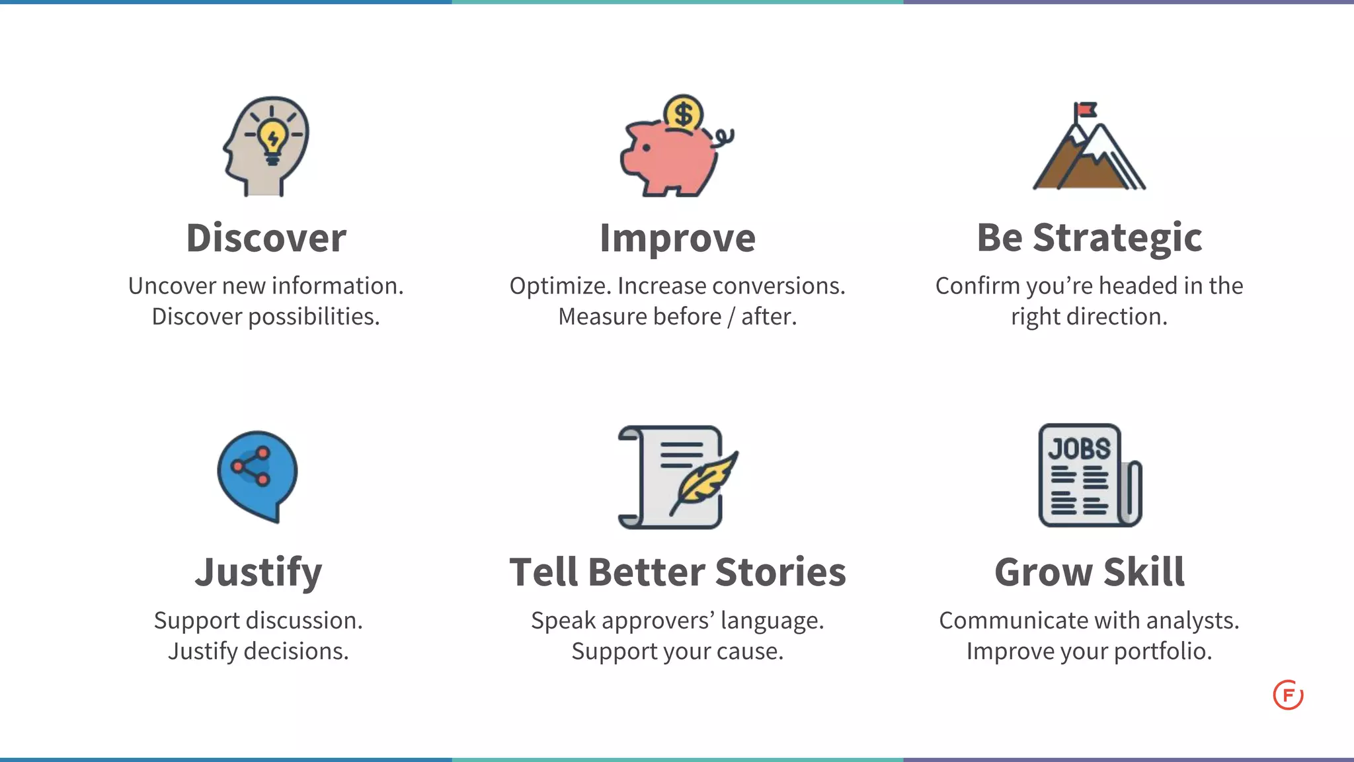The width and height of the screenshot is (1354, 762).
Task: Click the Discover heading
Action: pos(266,238)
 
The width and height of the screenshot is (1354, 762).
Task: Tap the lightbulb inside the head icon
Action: pos(272,138)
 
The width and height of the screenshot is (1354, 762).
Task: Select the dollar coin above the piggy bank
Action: pos(683,114)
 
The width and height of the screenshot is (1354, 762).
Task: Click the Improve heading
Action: pos(677,238)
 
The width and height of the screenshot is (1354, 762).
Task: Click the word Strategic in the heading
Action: pos(1117,238)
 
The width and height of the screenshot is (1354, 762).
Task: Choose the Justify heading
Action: pos(259,572)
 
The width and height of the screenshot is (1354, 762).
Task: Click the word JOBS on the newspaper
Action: pos(1079,449)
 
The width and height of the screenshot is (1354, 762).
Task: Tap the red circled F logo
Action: pos(1287,695)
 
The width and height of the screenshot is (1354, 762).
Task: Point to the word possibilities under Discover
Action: pos(313,317)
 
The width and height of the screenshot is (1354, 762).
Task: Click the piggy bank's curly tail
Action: pos(723,136)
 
